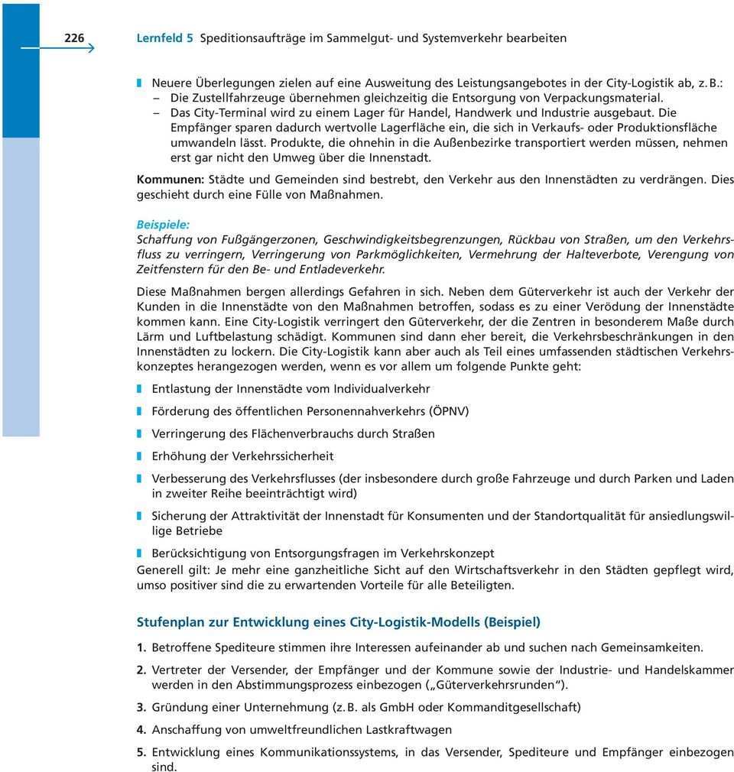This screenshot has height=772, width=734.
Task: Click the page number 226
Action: (74, 37)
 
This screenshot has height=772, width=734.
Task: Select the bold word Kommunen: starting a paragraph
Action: (169, 180)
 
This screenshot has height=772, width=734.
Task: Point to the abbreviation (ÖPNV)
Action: (449, 411)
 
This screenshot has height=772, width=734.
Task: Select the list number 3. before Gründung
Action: (141, 707)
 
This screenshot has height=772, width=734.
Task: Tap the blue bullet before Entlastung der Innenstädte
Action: (140, 389)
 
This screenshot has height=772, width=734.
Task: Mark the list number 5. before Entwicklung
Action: (141, 752)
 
